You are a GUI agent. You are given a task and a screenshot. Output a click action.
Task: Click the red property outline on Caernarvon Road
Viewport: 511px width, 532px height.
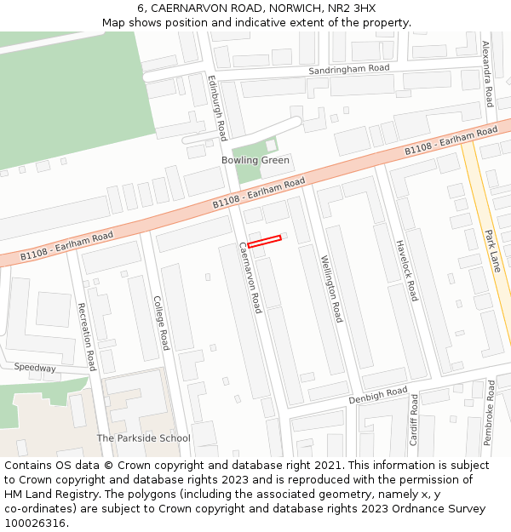[264, 242]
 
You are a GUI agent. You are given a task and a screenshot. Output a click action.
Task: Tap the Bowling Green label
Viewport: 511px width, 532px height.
[255, 160]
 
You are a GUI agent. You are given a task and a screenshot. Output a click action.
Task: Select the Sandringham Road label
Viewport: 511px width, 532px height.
[348, 68]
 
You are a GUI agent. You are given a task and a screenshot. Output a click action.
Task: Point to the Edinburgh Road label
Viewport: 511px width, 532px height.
[218, 107]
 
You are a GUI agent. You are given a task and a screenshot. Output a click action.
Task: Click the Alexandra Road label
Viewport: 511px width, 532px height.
[487, 74]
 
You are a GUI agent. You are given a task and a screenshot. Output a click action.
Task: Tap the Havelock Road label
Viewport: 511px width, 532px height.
[406, 269]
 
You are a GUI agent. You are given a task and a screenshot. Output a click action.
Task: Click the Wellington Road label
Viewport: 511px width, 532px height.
[330, 289]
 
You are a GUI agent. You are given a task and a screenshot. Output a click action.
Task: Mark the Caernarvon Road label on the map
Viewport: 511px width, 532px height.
[250, 277]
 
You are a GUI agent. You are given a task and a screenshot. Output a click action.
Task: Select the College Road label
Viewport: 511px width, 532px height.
[161, 323]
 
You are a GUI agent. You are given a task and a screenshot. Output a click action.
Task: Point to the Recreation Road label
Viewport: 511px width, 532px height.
[86, 336]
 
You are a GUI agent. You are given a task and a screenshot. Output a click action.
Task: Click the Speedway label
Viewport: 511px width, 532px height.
[35, 368]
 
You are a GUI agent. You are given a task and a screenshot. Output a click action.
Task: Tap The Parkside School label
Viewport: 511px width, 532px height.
[143, 438]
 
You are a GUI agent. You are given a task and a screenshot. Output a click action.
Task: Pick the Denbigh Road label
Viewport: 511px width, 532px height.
[378, 395]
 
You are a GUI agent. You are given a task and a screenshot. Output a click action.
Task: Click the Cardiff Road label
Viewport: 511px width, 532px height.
[413, 420]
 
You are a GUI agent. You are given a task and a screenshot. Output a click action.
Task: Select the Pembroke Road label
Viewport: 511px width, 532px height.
[489, 414]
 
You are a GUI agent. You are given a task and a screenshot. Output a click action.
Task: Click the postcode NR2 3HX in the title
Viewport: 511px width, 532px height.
[352, 9]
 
